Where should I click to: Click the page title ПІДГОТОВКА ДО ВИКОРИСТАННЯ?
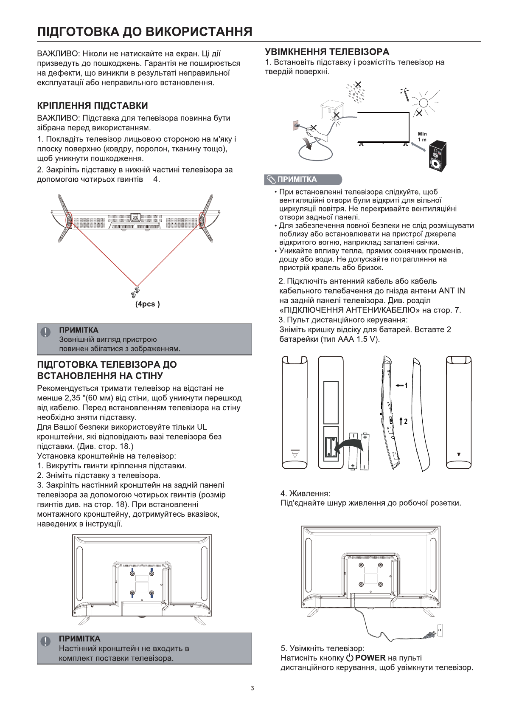(x=145, y=32)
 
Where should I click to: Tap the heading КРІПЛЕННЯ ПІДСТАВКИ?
(x=93, y=106)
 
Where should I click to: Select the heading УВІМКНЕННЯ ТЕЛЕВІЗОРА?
(x=327, y=52)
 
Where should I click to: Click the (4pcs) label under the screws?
(x=147, y=304)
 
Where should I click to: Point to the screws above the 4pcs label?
(x=136, y=290)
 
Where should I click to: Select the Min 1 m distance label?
(x=422, y=137)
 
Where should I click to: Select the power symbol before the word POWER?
(x=349, y=658)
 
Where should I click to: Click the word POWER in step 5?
(x=370, y=658)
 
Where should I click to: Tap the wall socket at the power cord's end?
(x=440, y=630)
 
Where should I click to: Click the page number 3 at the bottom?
(x=252, y=688)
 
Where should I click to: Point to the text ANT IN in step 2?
(x=452, y=291)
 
